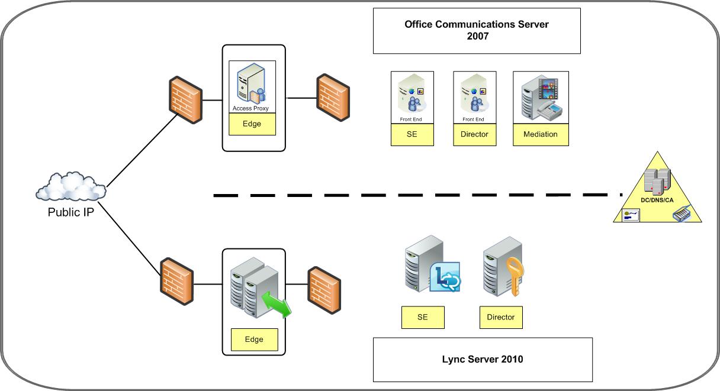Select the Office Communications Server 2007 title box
coord(476,31)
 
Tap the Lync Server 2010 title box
coord(482,359)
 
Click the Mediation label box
coord(540,134)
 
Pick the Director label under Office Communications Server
coord(474,134)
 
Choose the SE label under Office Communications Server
coord(412,134)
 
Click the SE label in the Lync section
coord(422,317)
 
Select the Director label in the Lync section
coord(500,317)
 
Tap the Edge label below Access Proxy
coord(252,124)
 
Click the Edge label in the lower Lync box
coord(253,340)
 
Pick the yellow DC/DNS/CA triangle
coord(658,193)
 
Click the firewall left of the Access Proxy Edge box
coord(185,99)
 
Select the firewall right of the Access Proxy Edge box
coord(332,98)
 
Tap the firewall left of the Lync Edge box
coord(177,281)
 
